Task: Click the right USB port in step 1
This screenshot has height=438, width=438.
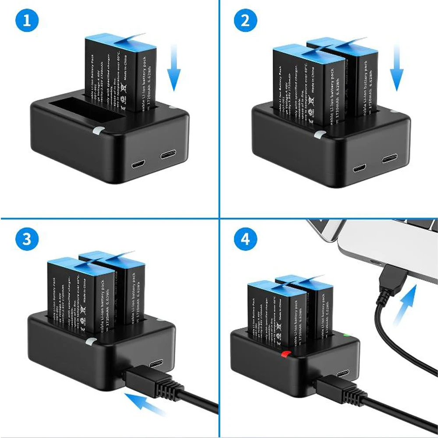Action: [x=168, y=155]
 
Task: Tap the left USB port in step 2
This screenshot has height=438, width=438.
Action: [x=360, y=168]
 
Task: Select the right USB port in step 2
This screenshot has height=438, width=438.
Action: [x=389, y=158]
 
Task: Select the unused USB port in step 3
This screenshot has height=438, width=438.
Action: [x=156, y=364]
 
